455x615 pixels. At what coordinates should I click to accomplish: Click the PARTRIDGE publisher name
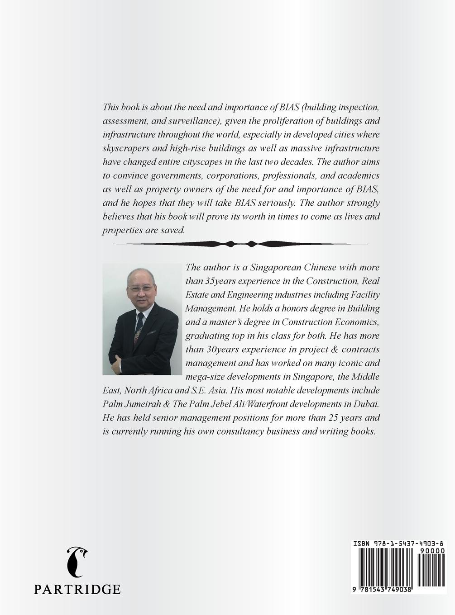(77, 589)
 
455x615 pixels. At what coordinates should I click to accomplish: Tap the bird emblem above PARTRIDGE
(77, 561)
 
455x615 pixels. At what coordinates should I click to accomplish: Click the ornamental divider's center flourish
(241, 244)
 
